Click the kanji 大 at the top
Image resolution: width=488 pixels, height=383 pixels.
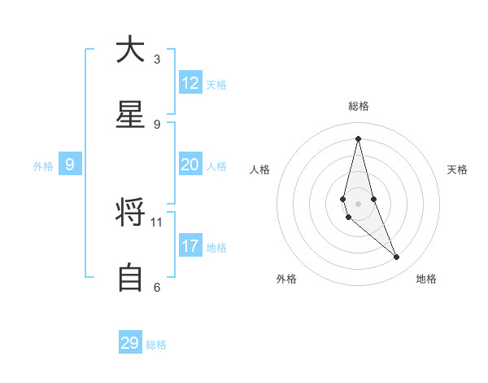130,50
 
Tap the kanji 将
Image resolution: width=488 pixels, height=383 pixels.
130,214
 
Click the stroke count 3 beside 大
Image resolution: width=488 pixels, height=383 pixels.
157,59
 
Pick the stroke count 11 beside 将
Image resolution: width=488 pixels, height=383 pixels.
157,222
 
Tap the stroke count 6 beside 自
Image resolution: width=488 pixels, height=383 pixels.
157,287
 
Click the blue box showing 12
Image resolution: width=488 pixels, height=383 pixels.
190,83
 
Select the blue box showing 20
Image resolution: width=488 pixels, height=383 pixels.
190,165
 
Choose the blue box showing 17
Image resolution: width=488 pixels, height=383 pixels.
190,246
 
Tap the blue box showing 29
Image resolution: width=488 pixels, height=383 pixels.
130,343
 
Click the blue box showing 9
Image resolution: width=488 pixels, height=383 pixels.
70,165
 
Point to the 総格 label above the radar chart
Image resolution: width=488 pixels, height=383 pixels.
359,106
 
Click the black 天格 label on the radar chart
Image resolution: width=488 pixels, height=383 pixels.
458,169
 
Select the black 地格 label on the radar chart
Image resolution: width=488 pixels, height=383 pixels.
426,279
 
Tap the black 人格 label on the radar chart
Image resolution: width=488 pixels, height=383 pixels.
259,169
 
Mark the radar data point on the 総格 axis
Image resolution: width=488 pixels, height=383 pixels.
358,138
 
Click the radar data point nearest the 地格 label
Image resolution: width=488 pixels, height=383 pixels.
397,258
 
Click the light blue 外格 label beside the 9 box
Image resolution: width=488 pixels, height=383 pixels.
43,165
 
